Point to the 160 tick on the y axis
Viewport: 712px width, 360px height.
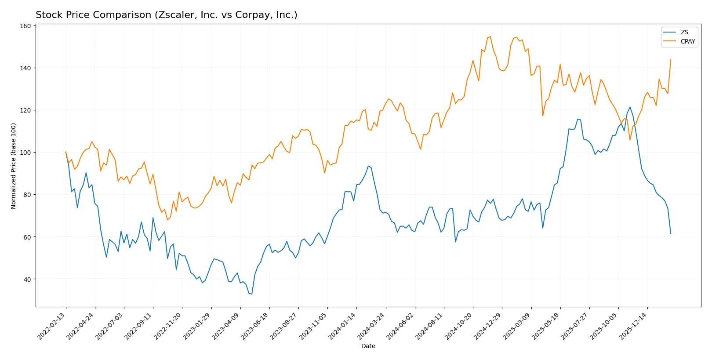(x=25, y=26)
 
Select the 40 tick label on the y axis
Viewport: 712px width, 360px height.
(x=27, y=279)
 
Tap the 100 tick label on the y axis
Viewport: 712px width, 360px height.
(x=25, y=153)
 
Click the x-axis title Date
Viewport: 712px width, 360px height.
(x=368, y=346)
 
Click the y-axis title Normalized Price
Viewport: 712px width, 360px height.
(x=14, y=166)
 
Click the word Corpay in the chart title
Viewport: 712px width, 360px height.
(x=250, y=15)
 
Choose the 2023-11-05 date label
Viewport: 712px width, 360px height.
(x=314, y=326)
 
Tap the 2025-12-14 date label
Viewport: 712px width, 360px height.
(x=634, y=326)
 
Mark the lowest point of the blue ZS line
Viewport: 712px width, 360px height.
(x=251, y=294)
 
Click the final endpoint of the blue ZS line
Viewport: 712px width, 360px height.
(x=671, y=234)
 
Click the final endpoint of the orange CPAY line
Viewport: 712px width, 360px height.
(x=671, y=60)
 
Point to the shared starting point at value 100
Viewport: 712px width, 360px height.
(x=66, y=152)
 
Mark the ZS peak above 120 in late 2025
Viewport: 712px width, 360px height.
(x=630, y=107)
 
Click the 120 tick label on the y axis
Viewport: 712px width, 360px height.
(x=25, y=110)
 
